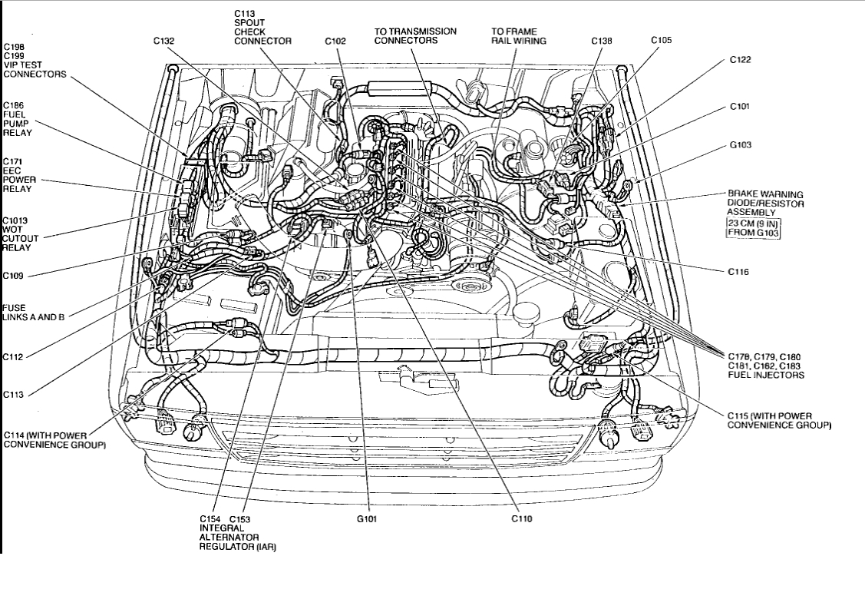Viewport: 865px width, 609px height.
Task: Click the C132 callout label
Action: tap(163, 41)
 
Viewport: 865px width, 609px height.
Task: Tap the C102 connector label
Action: tap(335, 41)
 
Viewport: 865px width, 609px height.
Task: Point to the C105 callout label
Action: tap(661, 39)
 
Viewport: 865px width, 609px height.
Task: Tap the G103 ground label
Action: tap(740, 144)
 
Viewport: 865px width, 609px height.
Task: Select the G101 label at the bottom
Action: tap(368, 518)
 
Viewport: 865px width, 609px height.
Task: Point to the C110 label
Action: tap(521, 518)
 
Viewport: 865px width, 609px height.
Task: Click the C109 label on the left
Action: tap(14, 275)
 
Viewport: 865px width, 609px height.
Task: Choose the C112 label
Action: tap(14, 356)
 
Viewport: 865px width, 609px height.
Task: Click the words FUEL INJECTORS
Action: tap(766, 376)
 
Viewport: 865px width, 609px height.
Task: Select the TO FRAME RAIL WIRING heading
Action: tap(519, 36)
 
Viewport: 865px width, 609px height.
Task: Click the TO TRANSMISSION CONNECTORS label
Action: tap(415, 36)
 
